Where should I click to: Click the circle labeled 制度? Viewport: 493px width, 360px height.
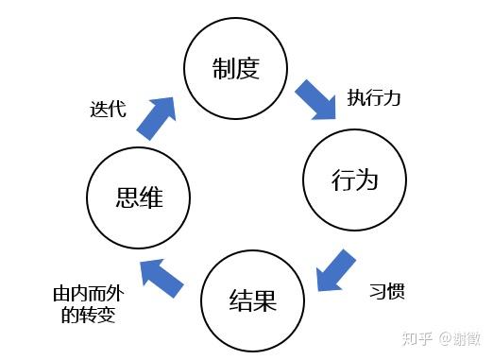(x=236, y=19)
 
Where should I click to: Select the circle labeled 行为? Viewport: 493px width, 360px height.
(x=355, y=130)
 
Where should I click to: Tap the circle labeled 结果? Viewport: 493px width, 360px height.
(x=253, y=251)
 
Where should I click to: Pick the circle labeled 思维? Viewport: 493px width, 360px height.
(x=139, y=148)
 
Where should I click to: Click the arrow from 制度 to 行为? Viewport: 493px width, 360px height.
(x=316, y=100)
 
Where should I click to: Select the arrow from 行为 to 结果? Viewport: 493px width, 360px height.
(x=335, y=271)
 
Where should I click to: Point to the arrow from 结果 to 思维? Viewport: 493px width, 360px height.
(x=161, y=277)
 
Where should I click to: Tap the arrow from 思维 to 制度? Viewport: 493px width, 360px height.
(x=157, y=118)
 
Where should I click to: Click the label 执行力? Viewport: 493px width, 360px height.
(x=373, y=97)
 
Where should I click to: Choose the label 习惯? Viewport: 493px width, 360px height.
(x=387, y=290)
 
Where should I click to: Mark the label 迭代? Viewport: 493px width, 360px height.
(x=108, y=110)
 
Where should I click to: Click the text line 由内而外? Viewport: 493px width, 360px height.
(x=89, y=294)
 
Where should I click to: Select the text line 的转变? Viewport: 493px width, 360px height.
(x=88, y=314)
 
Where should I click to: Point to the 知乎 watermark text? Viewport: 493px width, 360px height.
(x=417, y=339)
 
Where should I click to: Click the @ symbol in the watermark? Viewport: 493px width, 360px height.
(x=446, y=339)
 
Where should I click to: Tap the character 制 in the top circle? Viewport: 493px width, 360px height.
(x=223, y=68)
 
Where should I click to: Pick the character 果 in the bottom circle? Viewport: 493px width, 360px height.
(x=265, y=300)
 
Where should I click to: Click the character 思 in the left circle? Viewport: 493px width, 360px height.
(x=127, y=197)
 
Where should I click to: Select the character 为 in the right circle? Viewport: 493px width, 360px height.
(x=366, y=180)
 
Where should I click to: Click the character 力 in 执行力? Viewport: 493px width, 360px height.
(x=391, y=97)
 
